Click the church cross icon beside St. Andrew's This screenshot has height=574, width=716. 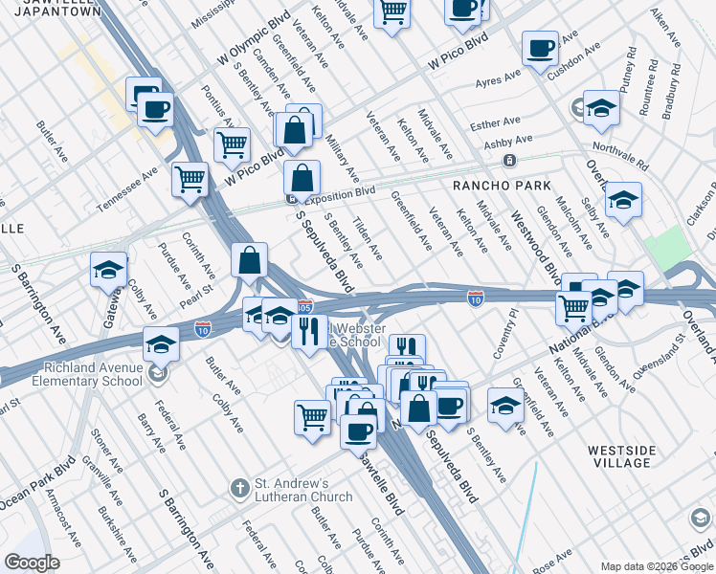(x=240, y=489)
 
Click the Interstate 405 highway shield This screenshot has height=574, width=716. (x=304, y=307)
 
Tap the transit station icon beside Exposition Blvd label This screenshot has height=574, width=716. (x=290, y=199)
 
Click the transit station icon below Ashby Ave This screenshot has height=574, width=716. (x=510, y=160)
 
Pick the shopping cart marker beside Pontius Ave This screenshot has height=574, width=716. (x=231, y=145)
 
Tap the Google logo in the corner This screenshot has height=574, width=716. (x=33, y=563)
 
